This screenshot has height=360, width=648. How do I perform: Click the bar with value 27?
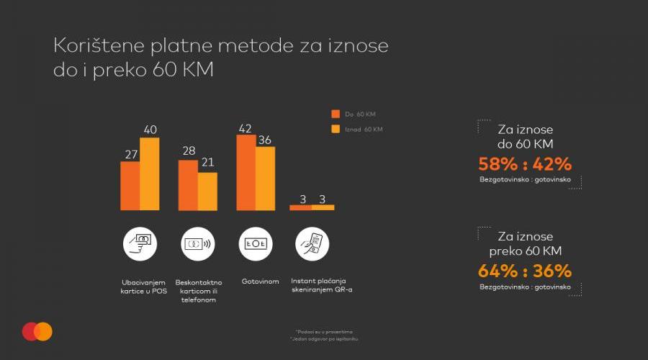[x=130, y=186]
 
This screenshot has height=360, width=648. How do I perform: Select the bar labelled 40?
[x=149, y=174]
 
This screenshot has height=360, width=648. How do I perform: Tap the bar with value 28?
[x=188, y=185]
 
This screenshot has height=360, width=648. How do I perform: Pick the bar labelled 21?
[x=207, y=192]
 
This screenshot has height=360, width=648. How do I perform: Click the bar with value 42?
[x=246, y=172]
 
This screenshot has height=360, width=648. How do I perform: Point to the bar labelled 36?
[x=265, y=178]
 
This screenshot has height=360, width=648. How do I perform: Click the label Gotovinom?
[x=260, y=282]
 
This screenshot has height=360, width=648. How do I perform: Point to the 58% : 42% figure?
[x=525, y=163]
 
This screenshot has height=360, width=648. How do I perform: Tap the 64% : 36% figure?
[x=525, y=271]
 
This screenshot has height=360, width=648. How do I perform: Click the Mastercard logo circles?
[x=37, y=331]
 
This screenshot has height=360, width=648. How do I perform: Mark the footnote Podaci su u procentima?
[x=324, y=331]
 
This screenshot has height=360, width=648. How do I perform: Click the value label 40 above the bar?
[x=150, y=130]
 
